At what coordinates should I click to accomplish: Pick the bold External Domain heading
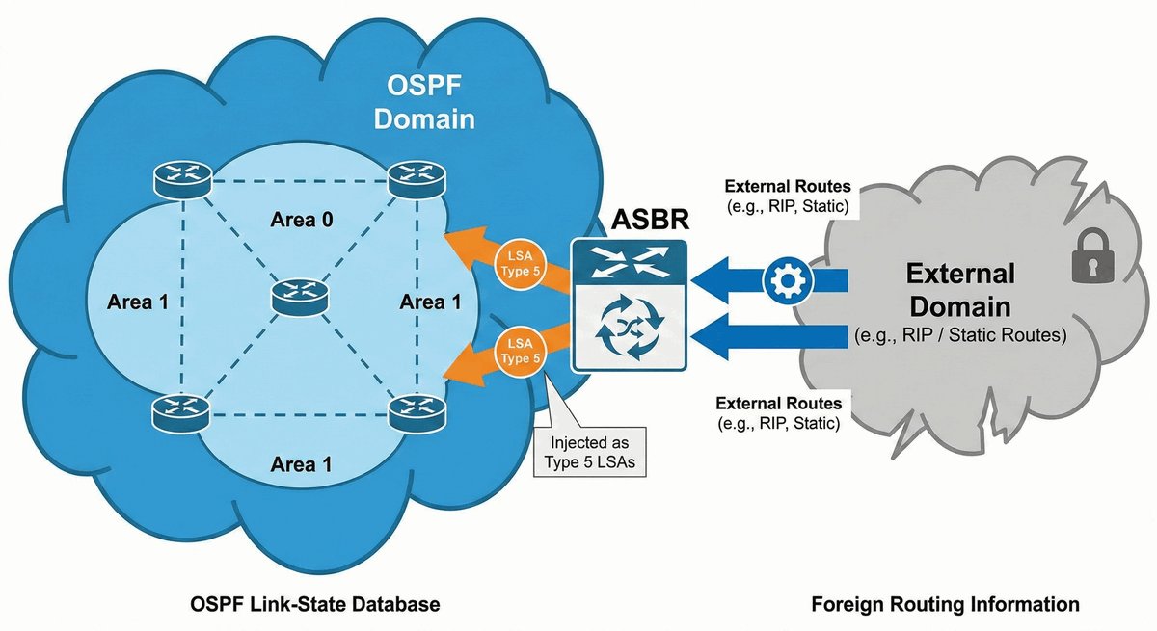click(959, 291)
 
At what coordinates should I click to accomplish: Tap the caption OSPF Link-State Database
click(314, 605)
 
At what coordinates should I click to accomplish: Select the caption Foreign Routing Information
click(945, 605)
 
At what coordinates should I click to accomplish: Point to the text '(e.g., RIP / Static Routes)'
click(958, 336)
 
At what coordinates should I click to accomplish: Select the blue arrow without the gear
click(771, 338)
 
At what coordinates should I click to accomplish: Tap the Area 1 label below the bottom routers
click(302, 464)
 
